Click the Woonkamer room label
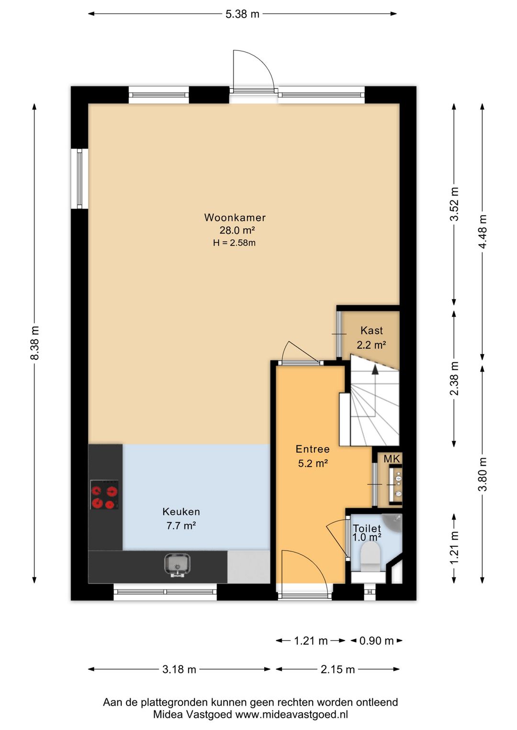click(235, 217)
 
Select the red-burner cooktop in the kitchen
click(104, 495)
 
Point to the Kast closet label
click(371, 331)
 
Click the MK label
click(392, 459)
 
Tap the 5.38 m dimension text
click(242, 14)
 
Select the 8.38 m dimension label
click(34, 343)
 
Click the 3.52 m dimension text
click(454, 204)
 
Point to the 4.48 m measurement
click(483, 232)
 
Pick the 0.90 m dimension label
click(376, 641)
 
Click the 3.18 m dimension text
click(179, 669)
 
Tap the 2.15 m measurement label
click(337, 669)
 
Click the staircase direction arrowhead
click(375, 369)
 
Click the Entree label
click(313, 449)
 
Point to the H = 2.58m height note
click(234, 243)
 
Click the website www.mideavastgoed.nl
click(292, 715)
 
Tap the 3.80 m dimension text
click(483, 474)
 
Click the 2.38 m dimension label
click(454, 378)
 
